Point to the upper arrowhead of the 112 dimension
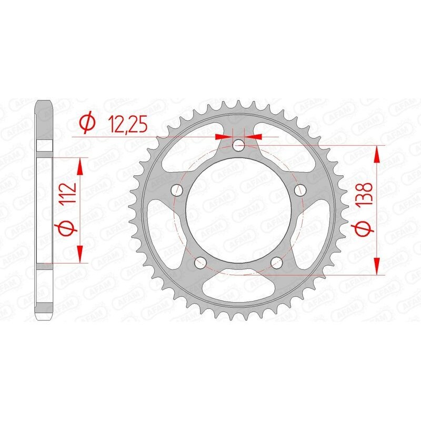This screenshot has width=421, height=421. click(x=80, y=167)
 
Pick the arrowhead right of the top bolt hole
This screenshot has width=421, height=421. click(x=255, y=136)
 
